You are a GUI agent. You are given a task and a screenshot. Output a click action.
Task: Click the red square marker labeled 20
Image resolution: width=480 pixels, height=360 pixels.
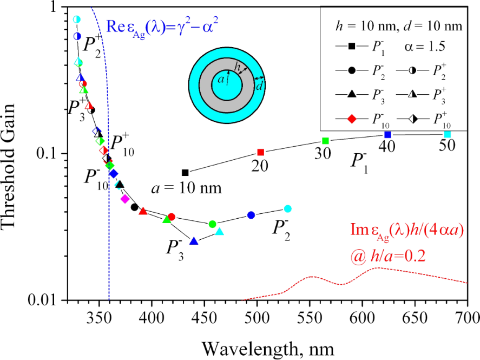click(x=260, y=152)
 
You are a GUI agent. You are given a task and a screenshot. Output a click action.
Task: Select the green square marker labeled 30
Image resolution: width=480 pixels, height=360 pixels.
click(x=326, y=141)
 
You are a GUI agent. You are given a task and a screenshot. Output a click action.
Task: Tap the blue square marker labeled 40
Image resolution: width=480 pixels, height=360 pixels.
click(x=387, y=134)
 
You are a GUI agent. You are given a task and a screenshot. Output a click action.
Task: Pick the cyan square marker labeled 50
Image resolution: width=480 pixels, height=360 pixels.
click(x=448, y=134)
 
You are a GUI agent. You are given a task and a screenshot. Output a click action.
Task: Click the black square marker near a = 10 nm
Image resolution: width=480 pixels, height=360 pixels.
click(x=185, y=173)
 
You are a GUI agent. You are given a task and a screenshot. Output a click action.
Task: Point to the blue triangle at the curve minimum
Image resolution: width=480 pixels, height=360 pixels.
click(x=194, y=241)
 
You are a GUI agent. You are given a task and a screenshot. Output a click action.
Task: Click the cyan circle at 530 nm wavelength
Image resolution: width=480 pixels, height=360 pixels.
click(x=287, y=209)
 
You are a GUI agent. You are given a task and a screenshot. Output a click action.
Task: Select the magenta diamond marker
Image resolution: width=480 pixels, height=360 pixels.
click(x=125, y=199)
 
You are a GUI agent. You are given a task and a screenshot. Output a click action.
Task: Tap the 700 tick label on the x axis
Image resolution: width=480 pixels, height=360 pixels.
click(x=467, y=316)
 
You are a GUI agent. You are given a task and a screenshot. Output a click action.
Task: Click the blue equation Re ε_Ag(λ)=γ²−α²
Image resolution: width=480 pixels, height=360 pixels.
click(x=165, y=25)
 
